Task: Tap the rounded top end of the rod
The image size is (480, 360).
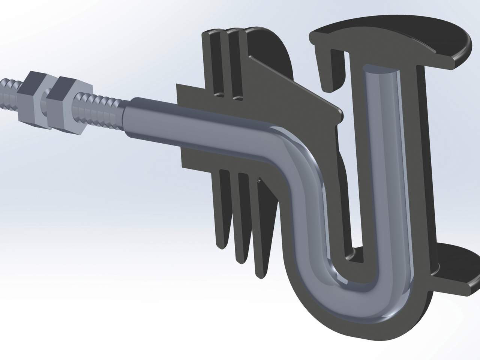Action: coord(379,71)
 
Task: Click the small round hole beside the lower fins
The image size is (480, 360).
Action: coord(259,180)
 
